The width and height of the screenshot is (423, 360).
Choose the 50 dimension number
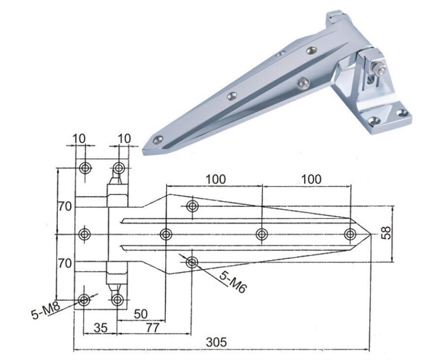[x=141, y=314]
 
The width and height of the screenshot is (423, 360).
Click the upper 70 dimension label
[x=65, y=206]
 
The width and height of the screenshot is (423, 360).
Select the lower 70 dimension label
[x=65, y=263]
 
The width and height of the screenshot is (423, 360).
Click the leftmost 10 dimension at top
[x=79, y=138]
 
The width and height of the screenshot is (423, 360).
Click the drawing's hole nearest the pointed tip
[x=350, y=234]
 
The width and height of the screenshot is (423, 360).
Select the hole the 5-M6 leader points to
[x=192, y=262]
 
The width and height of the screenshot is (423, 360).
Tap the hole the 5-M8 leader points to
[x=84, y=299]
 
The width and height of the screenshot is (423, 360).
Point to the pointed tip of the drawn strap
[x=370, y=234]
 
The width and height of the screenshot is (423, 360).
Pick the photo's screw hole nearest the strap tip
[x=157, y=140]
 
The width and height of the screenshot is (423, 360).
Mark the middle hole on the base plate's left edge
[x=85, y=234]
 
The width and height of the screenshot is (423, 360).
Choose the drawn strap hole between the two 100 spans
[x=262, y=234]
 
